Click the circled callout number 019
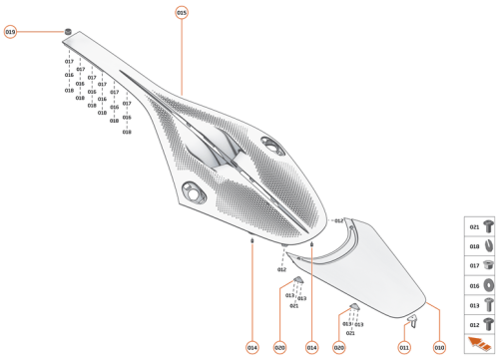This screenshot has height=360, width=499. pyautogui.click(x=11, y=32)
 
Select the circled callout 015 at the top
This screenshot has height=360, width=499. pyautogui.click(x=182, y=12)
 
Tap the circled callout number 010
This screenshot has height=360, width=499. pyautogui.click(x=438, y=347)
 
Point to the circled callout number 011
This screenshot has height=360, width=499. pyautogui.click(x=404, y=347)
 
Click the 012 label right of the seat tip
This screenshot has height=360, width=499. pyautogui.click(x=339, y=220)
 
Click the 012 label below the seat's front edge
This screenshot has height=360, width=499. pyautogui.click(x=281, y=269)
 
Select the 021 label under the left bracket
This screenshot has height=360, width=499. pyautogui.click(x=293, y=305)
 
